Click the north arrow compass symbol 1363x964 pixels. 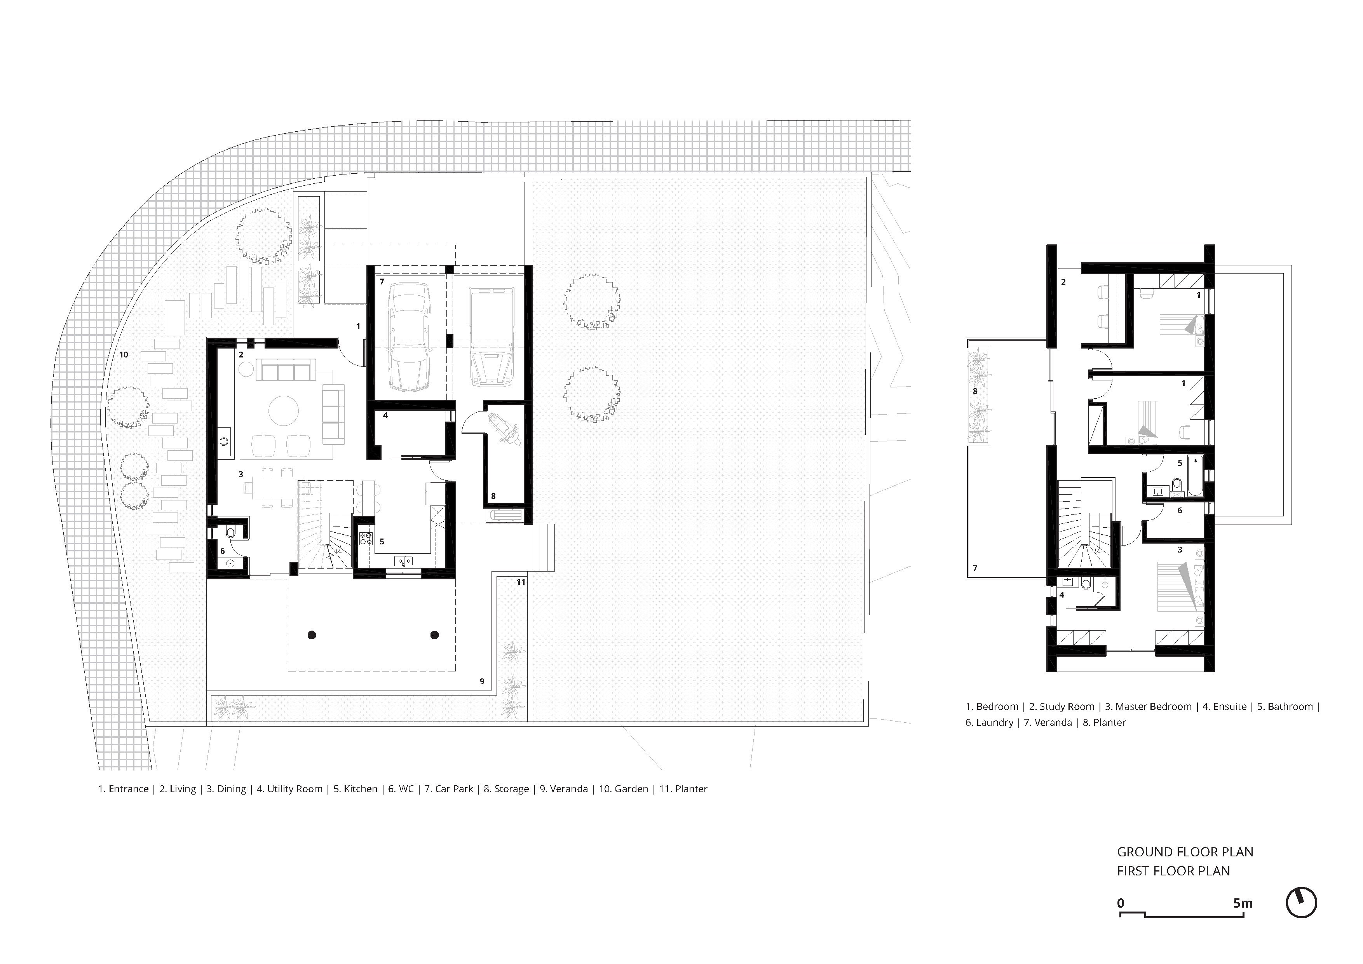click(x=1301, y=903)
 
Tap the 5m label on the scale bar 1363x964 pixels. click(x=1243, y=903)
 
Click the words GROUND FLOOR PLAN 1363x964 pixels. click(x=1185, y=852)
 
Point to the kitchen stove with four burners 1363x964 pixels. click(x=366, y=539)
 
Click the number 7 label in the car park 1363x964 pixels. click(x=382, y=281)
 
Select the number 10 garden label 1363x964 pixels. click(x=124, y=355)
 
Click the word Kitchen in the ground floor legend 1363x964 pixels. click(x=360, y=789)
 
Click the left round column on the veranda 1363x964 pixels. click(x=312, y=635)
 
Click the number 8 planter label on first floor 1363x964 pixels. click(x=975, y=392)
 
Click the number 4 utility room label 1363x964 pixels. click(x=385, y=415)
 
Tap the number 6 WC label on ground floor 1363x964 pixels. click(x=223, y=551)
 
